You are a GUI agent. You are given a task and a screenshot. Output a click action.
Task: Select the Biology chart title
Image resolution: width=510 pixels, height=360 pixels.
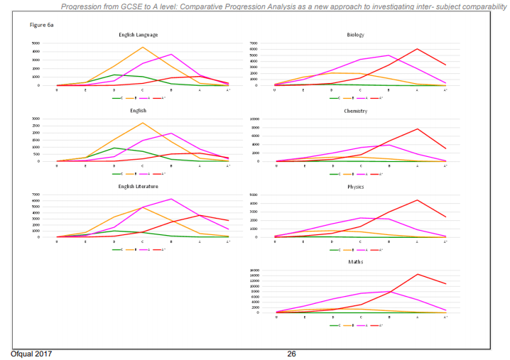click(355, 34)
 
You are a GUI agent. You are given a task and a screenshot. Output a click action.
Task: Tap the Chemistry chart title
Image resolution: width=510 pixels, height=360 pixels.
click(355, 111)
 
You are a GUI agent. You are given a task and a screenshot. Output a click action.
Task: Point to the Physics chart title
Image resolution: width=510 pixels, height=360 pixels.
click(355, 186)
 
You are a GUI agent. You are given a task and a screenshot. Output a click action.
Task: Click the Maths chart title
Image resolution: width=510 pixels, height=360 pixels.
click(355, 262)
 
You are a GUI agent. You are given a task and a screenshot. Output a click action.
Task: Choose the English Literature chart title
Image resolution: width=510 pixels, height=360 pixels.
click(138, 186)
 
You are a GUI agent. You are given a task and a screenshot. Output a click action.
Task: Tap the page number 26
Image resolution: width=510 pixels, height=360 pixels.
click(291, 354)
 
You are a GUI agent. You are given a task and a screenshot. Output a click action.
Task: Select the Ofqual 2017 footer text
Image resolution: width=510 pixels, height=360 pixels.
click(31, 354)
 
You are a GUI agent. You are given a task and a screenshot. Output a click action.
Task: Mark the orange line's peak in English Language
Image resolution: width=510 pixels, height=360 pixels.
click(143, 48)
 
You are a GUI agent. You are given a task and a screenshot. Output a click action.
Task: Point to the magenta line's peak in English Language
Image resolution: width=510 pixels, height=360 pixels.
click(171, 54)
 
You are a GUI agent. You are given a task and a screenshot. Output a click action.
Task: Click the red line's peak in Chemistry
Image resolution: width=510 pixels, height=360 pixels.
click(417, 129)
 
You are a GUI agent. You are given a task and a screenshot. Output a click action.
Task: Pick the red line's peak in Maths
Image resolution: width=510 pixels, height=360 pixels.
click(417, 274)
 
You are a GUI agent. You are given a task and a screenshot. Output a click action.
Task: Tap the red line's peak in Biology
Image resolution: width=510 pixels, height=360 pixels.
click(417, 49)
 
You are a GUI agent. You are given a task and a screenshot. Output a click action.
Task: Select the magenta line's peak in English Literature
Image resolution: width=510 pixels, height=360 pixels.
click(171, 199)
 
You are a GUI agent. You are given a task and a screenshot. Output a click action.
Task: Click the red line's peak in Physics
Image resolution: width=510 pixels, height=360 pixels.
click(417, 200)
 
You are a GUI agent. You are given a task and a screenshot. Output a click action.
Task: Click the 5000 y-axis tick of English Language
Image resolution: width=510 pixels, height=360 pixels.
click(36, 43)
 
